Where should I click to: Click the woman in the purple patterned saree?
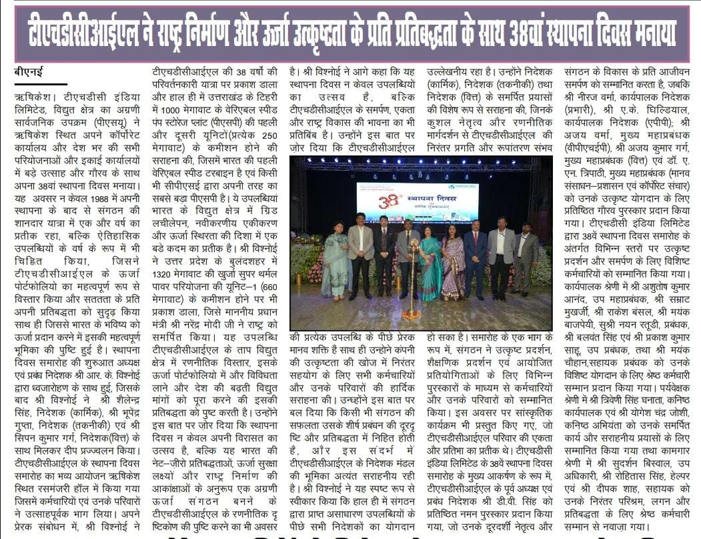(x=453, y=263)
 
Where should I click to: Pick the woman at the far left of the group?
(x=335, y=260)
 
